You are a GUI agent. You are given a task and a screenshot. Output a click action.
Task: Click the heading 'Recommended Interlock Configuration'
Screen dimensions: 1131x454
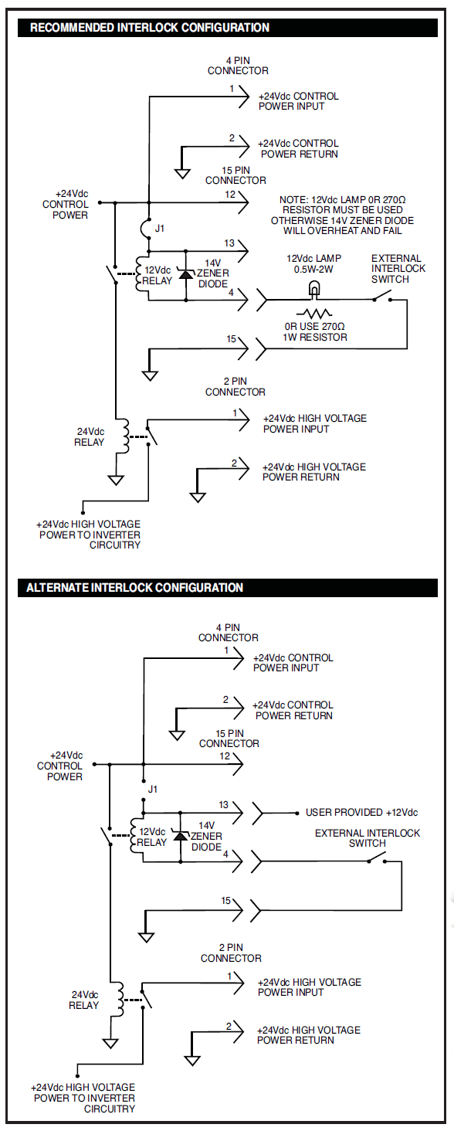click(149, 28)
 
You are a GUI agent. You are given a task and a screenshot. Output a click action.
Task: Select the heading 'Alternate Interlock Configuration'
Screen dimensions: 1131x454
click(134, 587)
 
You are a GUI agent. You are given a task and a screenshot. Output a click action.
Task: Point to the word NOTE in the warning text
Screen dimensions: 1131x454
click(292, 199)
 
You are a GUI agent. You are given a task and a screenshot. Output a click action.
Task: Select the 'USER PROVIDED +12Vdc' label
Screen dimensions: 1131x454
click(361, 812)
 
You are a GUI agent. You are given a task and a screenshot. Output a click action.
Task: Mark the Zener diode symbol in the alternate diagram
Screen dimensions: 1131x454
click(180, 836)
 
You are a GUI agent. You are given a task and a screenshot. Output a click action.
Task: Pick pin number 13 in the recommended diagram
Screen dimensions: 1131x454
click(229, 243)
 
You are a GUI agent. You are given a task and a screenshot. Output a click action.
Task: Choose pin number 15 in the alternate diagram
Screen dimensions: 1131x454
click(226, 901)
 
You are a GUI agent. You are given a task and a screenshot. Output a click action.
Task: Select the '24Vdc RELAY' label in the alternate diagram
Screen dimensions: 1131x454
click(85, 1000)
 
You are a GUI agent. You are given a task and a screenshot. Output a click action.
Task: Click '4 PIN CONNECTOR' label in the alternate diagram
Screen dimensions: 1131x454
click(228, 632)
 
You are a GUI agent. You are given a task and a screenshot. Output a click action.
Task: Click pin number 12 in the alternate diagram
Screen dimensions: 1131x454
click(225, 756)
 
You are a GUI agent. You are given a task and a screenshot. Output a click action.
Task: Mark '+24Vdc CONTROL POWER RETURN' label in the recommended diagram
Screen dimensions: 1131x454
click(299, 148)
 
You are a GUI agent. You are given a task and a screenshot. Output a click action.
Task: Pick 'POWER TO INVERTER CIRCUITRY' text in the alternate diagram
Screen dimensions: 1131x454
click(85, 1103)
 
